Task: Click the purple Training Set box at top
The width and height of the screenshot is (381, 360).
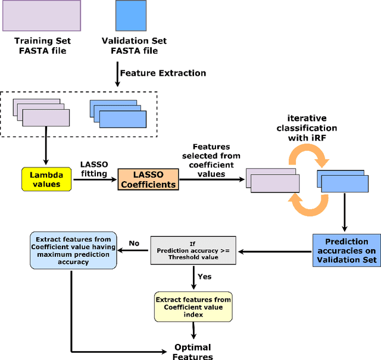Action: [x=42, y=16]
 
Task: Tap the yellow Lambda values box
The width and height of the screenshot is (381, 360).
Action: [x=46, y=179]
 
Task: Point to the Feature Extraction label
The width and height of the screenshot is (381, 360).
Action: [x=163, y=73]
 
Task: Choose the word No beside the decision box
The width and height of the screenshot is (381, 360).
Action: [x=134, y=243]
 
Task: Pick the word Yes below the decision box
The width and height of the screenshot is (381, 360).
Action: [x=205, y=277]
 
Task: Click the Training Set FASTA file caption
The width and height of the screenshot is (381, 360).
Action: [x=42, y=46]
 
